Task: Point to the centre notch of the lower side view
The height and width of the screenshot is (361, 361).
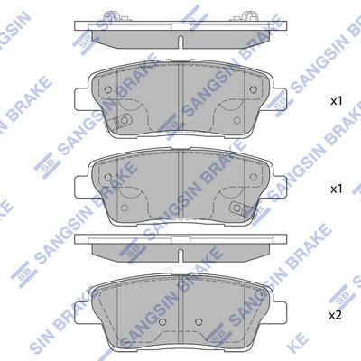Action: click(181, 246)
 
